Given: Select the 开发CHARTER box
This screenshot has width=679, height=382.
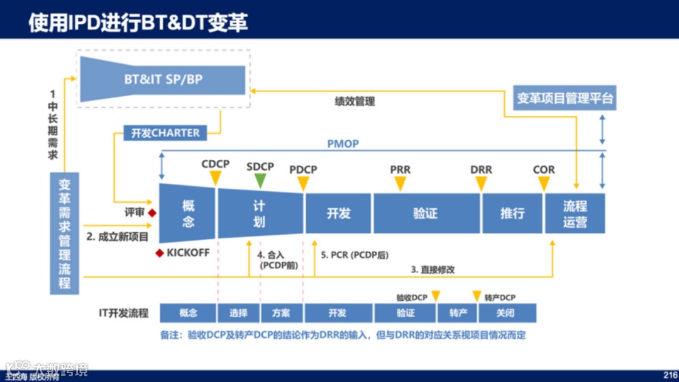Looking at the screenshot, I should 165,133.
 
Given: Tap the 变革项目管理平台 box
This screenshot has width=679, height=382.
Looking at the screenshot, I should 565,98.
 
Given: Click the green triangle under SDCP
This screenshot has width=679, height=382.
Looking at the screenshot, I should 260,181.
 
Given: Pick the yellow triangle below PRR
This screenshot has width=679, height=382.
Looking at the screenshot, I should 400,183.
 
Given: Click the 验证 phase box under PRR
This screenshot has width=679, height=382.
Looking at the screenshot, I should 425,213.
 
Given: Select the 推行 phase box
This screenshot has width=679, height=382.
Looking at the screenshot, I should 512,213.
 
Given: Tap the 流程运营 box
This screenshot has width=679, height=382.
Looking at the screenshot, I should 575,213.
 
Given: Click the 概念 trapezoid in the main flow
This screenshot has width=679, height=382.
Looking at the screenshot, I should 188,213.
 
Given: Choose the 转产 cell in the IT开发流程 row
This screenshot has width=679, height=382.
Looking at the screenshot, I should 458,313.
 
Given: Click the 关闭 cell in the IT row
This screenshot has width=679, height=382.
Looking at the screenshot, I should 505,313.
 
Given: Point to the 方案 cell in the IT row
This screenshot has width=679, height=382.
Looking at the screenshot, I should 281,313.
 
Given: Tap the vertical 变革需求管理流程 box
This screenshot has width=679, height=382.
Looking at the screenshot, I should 65,233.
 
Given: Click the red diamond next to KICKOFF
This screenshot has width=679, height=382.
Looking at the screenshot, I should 159,253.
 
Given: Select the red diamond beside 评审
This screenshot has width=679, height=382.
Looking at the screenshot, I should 152,213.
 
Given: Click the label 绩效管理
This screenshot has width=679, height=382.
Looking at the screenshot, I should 355,101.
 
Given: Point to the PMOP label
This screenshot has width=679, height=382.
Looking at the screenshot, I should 343,143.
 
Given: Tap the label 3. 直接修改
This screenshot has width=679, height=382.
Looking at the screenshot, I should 433,269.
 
